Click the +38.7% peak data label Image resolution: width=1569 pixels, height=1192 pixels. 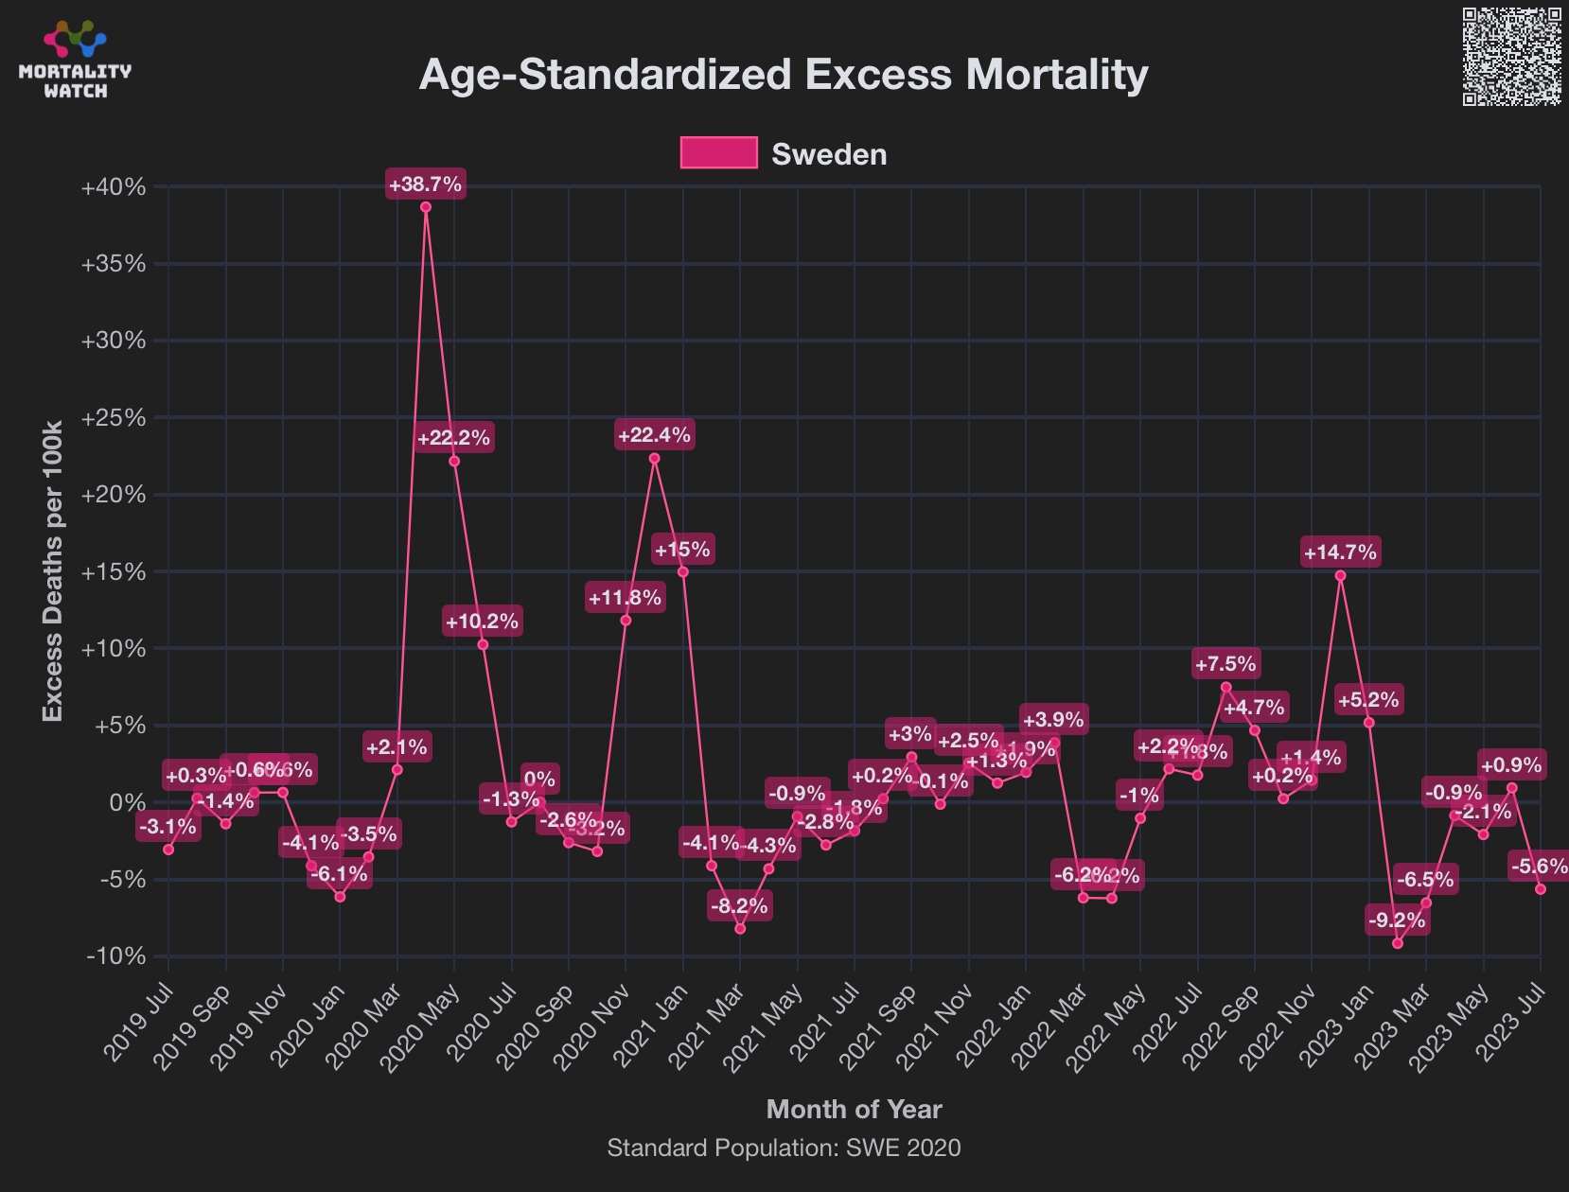(x=425, y=184)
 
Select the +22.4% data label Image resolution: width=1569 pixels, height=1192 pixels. (x=654, y=435)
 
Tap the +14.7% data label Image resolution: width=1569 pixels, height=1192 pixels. (x=1340, y=552)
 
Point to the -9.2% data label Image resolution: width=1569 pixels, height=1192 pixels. (x=1397, y=920)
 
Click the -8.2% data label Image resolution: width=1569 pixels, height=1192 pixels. (x=740, y=906)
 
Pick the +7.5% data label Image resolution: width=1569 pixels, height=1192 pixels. (x=1225, y=664)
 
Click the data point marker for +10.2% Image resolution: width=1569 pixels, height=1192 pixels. (x=483, y=645)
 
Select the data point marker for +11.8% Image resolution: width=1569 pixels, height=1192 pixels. (x=626, y=621)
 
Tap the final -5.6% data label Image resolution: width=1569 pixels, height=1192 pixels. (x=1540, y=866)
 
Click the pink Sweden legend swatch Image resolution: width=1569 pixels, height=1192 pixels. (x=718, y=153)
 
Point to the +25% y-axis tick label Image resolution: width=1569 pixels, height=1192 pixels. (x=114, y=418)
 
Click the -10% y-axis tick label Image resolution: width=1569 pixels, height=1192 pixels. (x=115, y=956)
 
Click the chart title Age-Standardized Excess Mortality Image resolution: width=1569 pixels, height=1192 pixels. (x=784, y=75)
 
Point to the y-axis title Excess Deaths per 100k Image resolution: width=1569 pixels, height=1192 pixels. (x=53, y=570)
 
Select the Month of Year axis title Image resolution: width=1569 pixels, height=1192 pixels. (x=854, y=1109)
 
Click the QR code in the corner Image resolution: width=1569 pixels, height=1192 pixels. (x=1511, y=57)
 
